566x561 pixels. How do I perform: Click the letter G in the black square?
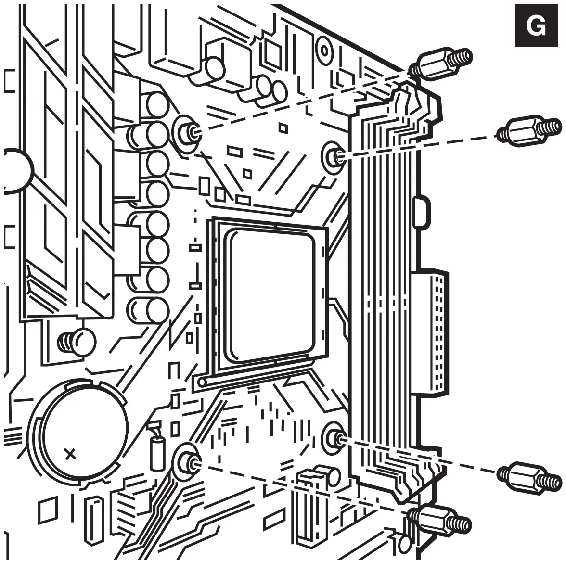tap(536, 26)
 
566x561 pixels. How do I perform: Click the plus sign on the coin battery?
tap(70, 454)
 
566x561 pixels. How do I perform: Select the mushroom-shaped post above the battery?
tap(77, 341)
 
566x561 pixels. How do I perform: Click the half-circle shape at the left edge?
tap(17, 169)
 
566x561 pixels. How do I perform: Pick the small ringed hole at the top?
tap(324, 51)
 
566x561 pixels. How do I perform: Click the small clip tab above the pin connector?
tap(422, 208)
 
